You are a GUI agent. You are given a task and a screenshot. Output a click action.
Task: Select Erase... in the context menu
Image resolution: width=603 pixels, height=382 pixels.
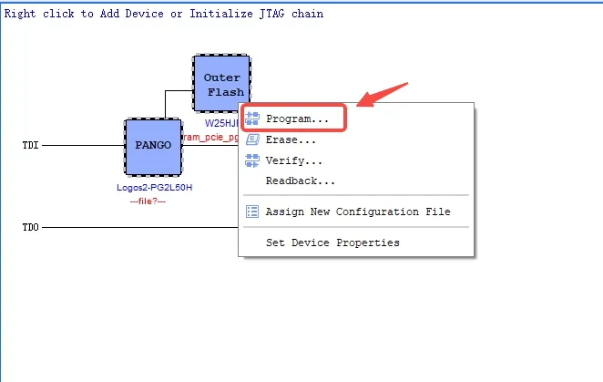tap(291, 139)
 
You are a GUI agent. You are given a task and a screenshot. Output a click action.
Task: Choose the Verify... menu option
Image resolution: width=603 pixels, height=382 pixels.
tap(293, 161)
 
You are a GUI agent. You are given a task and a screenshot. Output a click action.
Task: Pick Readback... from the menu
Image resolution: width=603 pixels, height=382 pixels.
tap(300, 181)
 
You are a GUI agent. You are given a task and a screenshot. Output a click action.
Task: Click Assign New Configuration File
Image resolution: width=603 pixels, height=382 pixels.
tap(357, 212)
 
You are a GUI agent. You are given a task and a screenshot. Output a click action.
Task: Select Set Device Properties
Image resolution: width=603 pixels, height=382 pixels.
tap(332, 243)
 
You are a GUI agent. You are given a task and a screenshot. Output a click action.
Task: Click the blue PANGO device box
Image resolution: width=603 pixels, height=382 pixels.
tap(153, 146)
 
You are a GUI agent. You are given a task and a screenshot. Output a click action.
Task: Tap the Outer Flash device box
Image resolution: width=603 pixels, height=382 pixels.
tap(222, 85)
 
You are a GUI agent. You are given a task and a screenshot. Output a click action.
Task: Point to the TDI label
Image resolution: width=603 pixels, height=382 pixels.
tap(31, 145)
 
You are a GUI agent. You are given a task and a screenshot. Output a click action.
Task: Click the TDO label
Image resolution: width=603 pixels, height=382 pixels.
tap(31, 226)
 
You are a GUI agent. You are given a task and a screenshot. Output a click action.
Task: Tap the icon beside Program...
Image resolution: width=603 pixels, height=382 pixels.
tap(252, 119)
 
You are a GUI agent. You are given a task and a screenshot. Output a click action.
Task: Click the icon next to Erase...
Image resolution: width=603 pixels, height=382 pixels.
tap(252, 139)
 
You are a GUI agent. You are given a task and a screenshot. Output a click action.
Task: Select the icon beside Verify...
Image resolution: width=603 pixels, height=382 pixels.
tap(252, 161)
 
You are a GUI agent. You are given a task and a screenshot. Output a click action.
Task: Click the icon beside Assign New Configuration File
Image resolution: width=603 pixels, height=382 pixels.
tap(252, 212)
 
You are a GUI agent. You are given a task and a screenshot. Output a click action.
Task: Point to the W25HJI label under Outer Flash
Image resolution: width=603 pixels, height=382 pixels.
tap(220, 123)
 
